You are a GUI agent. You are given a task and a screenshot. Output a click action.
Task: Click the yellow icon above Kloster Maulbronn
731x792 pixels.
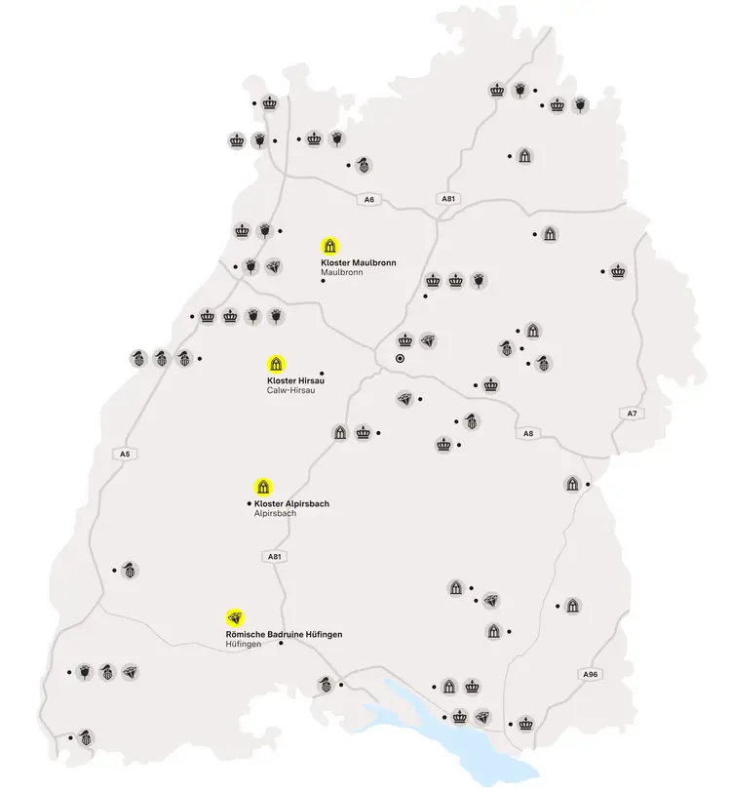[330, 245]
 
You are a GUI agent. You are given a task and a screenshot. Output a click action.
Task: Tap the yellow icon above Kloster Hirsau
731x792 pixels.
[276, 363]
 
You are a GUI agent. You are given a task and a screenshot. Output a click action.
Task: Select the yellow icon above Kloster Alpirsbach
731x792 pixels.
[262, 486]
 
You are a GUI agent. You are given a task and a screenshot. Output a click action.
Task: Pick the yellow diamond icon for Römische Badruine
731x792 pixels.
[234, 616]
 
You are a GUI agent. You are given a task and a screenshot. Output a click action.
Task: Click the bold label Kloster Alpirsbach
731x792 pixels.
[291, 503]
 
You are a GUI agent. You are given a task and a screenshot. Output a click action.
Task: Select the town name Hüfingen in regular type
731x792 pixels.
[244, 645]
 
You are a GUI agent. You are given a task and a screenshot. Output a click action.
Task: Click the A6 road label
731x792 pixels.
[368, 200]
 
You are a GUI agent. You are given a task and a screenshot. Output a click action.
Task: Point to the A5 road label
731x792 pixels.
[124, 455]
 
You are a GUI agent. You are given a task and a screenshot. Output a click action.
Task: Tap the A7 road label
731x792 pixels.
[631, 414]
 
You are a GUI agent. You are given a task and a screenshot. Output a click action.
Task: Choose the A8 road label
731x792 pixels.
[528, 433]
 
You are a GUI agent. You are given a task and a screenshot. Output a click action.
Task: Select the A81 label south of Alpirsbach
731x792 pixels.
[275, 556]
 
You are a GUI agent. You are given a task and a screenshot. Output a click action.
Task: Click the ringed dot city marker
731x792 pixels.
[400, 359]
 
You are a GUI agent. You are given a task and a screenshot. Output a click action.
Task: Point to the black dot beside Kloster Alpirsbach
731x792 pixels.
[249, 503]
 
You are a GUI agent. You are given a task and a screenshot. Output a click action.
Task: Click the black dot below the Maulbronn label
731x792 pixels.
[323, 283]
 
